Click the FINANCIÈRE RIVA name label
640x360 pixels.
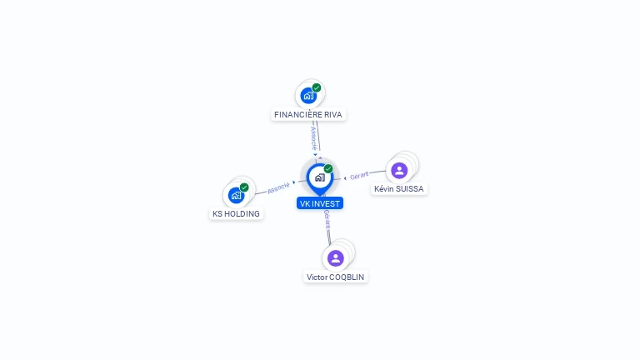pos(308,115)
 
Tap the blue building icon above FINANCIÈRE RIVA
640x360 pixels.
pos(308,95)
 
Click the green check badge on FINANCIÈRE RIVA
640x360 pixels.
pos(317,87)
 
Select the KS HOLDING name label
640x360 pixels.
pos(236,214)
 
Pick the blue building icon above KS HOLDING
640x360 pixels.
pos(236,195)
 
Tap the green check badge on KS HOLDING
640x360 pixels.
pos(244,187)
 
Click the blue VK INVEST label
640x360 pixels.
pos(320,203)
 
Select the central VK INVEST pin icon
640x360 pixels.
pos(319,177)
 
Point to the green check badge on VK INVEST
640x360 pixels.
pos(328,169)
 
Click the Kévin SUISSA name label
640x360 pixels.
pos(399,189)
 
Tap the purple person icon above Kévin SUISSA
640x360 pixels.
pos(399,170)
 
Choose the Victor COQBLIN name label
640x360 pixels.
pos(336,277)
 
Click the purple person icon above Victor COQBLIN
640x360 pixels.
pos(336,257)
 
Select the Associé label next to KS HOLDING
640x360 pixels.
pos(278,187)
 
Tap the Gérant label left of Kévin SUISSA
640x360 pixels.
pos(359,175)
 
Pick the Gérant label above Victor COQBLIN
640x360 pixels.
pos(327,219)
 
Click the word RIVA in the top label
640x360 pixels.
pos(332,115)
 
